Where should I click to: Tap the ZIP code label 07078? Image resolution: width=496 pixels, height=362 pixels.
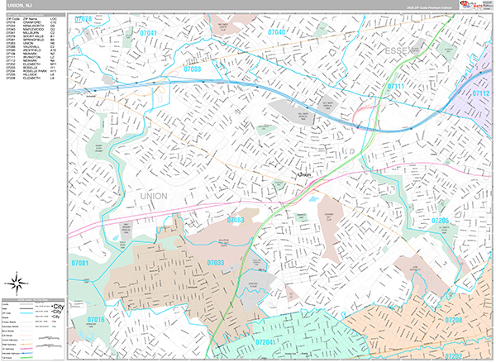point(83,17)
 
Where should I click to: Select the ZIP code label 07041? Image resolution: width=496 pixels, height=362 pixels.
point(149,33)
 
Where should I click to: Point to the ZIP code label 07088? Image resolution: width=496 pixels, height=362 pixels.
point(192,69)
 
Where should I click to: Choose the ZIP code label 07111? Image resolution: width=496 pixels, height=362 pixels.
point(398,86)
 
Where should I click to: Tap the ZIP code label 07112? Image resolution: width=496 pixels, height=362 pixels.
point(481,94)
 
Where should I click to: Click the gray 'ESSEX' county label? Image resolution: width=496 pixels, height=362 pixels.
point(402,52)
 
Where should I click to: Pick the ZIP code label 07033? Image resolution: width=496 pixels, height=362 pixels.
point(215,263)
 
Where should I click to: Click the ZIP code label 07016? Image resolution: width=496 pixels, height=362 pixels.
point(96,319)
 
